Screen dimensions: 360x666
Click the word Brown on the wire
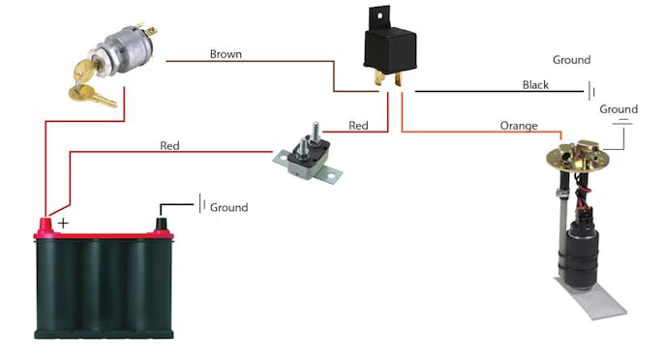226,54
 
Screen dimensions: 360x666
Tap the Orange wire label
518,126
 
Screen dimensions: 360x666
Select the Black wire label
535,85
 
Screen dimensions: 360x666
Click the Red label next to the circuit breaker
359,126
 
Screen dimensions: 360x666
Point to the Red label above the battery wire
169,146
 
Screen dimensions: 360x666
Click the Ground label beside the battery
229,207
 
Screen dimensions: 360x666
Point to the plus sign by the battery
65,223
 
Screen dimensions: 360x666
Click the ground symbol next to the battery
202,204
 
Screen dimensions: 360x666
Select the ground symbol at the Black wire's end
591,91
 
